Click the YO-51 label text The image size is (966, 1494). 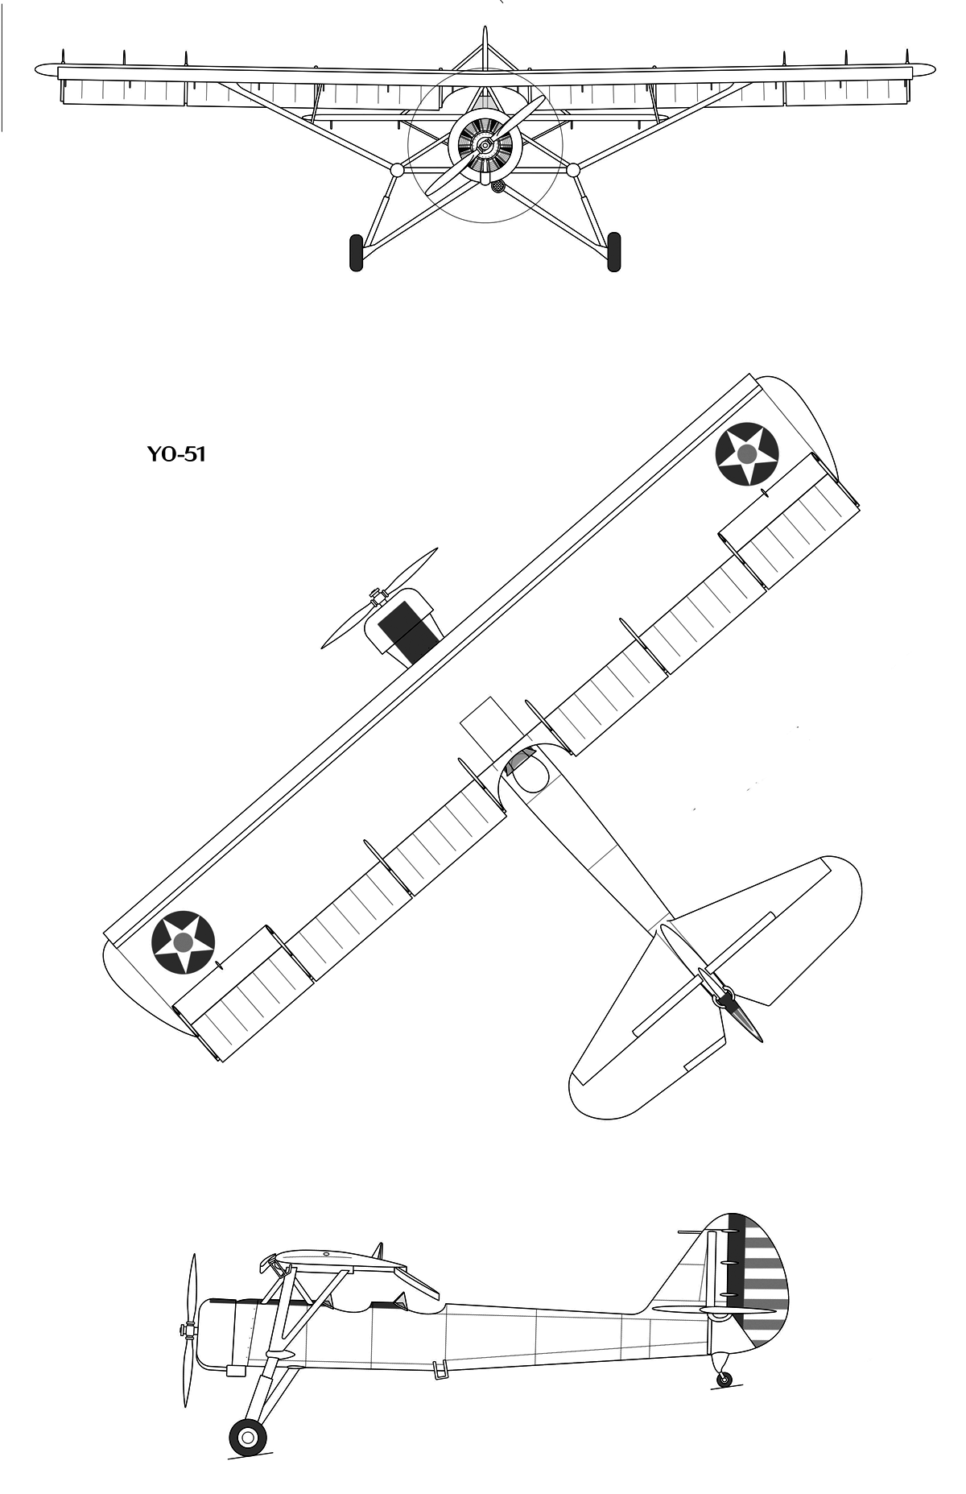tap(176, 454)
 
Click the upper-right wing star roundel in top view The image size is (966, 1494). tap(746, 454)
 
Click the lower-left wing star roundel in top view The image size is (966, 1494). tap(184, 942)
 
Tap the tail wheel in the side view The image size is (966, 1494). tap(724, 1380)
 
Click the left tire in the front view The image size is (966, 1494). tap(357, 252)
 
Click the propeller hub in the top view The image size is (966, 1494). tap(375, 597)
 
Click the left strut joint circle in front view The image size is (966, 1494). tap(397, 170)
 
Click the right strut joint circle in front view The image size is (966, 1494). tap(573, 170)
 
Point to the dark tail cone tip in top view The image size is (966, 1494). tap(748, 1022)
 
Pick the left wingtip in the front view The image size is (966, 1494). tap(47, 71)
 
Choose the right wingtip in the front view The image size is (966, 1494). tap(924, 71)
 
